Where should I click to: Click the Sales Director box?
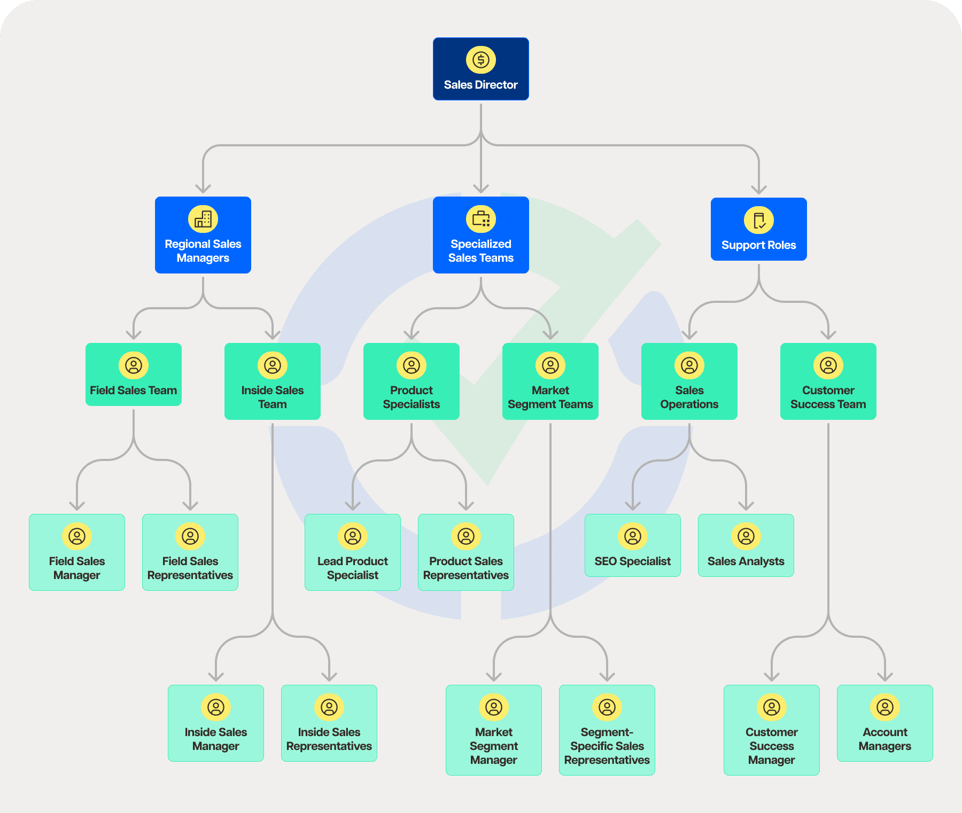click(480, 69)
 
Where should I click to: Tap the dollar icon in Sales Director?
click(480, 60)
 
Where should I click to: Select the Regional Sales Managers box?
click(203, 235)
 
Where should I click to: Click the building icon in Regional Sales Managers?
click(203, 219)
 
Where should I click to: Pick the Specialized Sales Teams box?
click(480, 235)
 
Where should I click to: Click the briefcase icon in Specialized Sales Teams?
click(480, 219)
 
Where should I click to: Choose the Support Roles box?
click(758, 229)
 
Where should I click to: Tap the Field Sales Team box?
click(134, 374)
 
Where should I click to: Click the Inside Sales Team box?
click(273, 381)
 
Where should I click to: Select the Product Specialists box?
click(412, 381)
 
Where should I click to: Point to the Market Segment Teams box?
click(550, 381)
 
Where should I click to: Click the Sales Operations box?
click(689, 381)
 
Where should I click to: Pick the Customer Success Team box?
click(828, 381)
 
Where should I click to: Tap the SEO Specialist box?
click(633, 545)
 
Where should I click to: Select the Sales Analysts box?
click(746, 545)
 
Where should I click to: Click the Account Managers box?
click(885, 723)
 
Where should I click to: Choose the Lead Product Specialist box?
click(353, 552)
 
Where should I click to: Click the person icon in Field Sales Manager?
click(77, 536)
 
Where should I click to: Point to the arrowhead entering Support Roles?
click(758, 190)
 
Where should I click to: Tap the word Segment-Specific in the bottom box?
click(607, 739)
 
